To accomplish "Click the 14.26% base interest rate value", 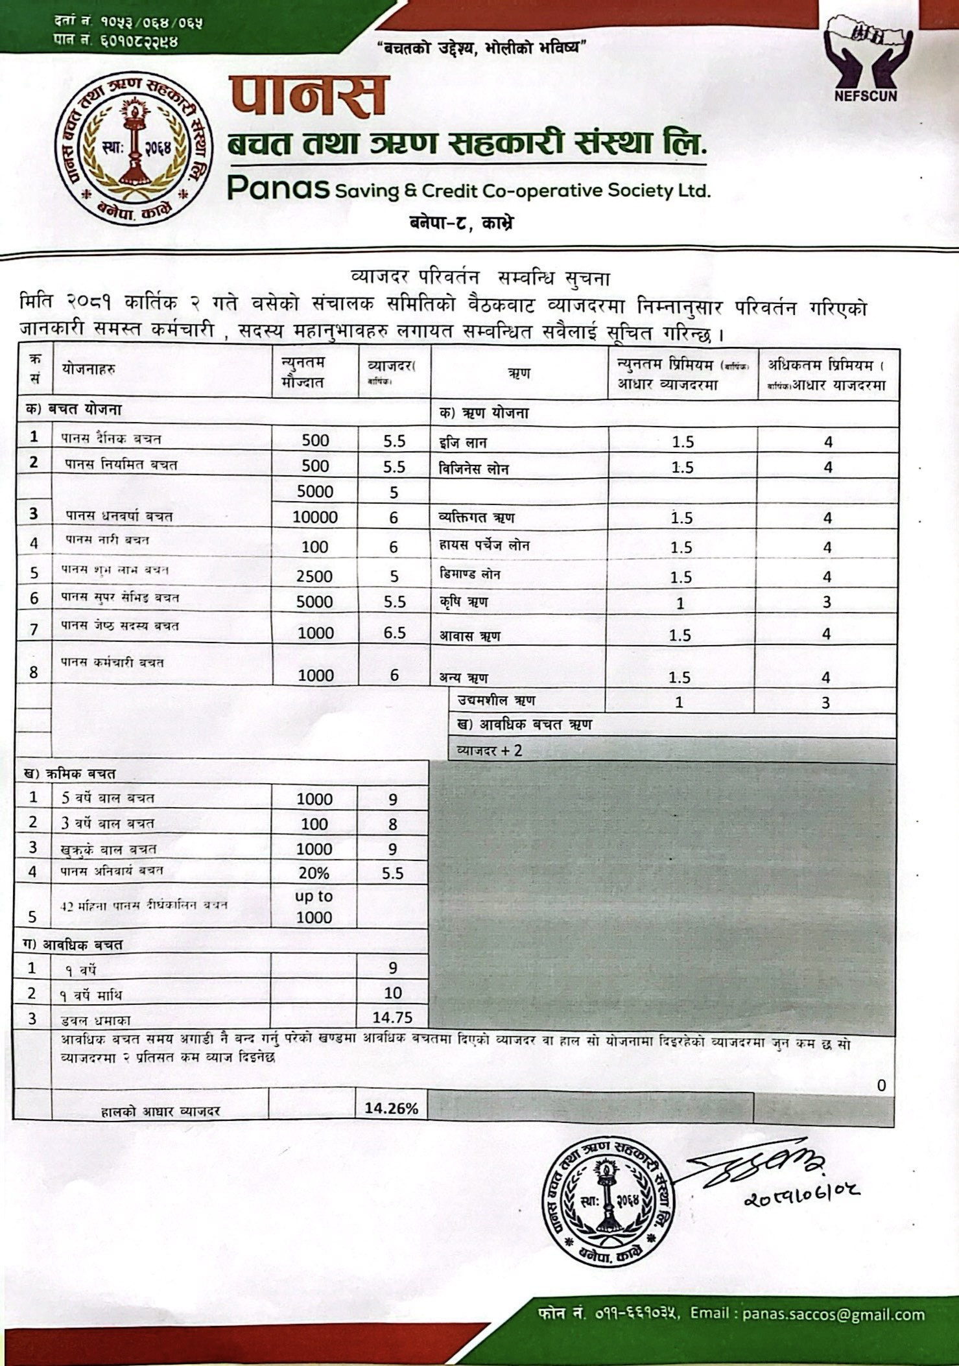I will pos(391,1108).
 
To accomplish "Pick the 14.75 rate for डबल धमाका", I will pos(392,1017).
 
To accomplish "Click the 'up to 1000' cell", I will pos(314,906).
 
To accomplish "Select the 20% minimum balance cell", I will pos(314,873).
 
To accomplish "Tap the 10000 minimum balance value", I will pos(315,517).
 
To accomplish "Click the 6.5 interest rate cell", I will pos(394,633).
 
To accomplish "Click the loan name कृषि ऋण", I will pos(464,602).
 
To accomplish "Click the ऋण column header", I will pos(519,373).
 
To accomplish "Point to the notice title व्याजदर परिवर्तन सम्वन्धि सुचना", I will pos(480,278).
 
